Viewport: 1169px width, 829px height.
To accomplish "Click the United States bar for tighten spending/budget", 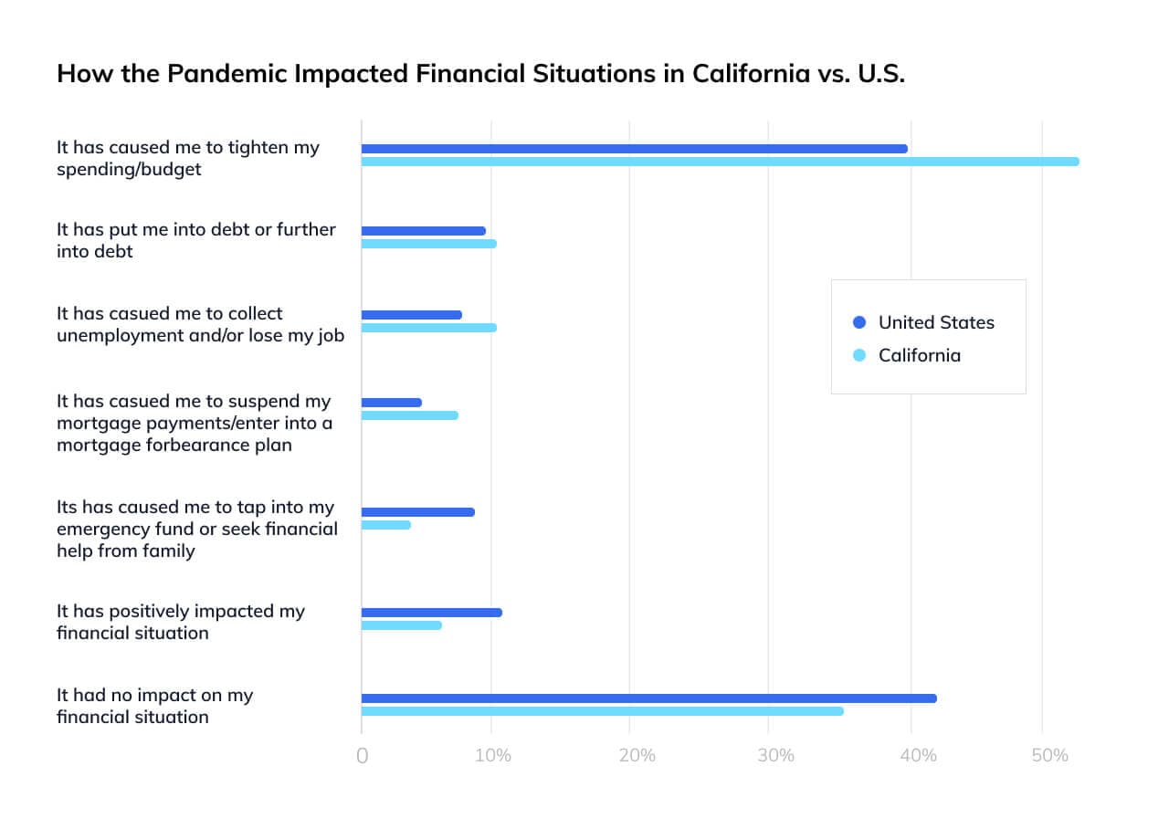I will point(635,149).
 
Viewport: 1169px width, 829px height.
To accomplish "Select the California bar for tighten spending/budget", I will point(720,162).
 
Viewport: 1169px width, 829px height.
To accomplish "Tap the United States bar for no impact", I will point(648,698).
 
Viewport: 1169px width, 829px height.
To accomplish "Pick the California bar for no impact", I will point(603,711).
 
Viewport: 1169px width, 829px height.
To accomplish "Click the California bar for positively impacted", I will point(402,625).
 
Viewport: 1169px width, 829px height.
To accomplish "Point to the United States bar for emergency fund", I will point(418,512).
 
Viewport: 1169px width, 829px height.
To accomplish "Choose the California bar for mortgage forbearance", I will point(410,415).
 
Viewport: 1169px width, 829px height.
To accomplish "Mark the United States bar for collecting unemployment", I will point(412,315).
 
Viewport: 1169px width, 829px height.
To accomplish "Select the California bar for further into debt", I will point(429,244).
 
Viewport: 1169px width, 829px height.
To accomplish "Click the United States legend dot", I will point(858,322).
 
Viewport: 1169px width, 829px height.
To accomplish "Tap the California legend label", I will point(919,355).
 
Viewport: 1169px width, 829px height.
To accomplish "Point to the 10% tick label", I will point(492,756).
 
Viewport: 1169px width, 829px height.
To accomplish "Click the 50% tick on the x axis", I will point(1049,756).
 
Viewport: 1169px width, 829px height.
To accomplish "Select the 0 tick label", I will point(363,756).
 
